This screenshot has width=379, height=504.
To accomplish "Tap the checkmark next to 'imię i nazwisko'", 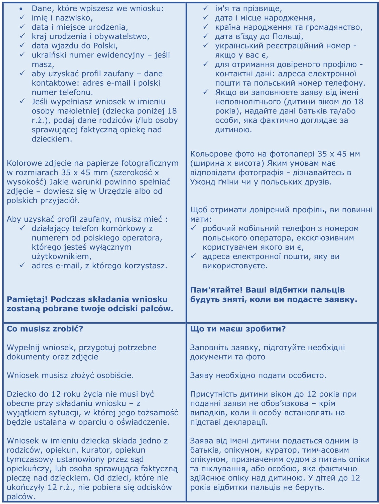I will click(x=22, y=18).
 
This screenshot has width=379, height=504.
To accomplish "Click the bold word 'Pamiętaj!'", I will click(x=27, y=299).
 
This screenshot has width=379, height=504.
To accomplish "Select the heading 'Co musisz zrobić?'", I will click(x=45, y=329).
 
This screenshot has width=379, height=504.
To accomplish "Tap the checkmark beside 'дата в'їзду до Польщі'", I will click(x=206, y=36).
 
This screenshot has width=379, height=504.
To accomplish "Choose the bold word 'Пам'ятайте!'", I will click(x=216, y=290).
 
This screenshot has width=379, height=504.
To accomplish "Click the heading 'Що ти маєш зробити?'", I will click(x=238, y=329).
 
